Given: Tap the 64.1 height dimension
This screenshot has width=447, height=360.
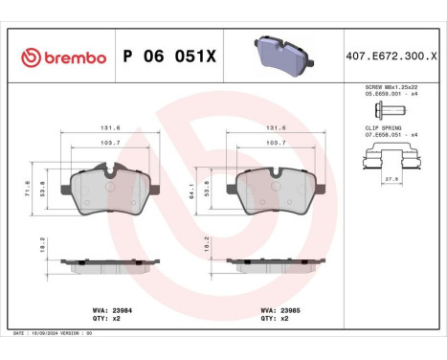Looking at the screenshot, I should (x=198, y=191).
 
